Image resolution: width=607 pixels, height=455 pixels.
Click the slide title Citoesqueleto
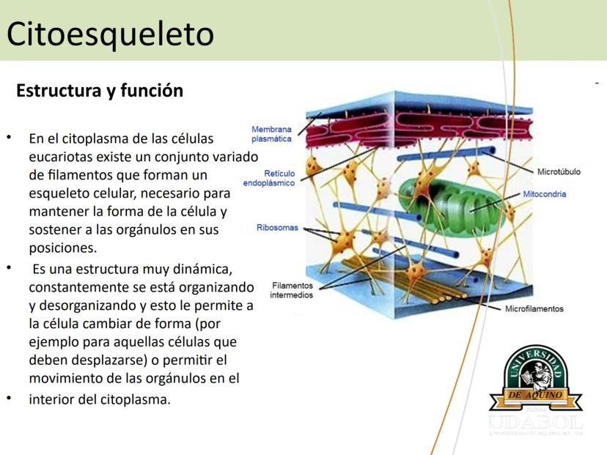[110, 34]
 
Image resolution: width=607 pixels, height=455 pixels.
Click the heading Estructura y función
[100, 91]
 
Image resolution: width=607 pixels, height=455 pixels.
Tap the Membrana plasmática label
[271, 134]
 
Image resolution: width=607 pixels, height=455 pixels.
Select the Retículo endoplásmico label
[269, 178]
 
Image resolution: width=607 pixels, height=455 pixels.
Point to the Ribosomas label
[277, 227]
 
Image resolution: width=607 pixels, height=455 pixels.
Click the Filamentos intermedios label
[292, 290]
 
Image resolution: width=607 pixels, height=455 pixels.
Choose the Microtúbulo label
[559, 171]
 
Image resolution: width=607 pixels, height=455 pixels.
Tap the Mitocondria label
[544, 194]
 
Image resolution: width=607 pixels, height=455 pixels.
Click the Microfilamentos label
[534, 308]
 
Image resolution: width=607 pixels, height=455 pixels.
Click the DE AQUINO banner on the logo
[535, 395]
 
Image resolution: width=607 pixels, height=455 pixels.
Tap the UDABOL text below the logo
[536, 423]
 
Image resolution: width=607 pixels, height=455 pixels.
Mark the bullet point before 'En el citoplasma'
[10, 137]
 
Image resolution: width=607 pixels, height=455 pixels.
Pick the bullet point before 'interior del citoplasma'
[10, 398]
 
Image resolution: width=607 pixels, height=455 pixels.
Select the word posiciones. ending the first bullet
[63, 248]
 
